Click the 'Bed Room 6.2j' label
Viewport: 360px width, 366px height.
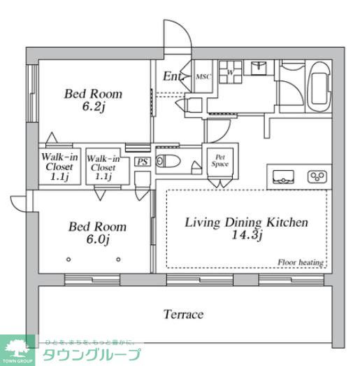[x=94, y=99]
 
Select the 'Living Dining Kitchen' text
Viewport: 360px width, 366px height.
[x=246, y=223]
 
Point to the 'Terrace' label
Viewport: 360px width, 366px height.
[x=183, y=314]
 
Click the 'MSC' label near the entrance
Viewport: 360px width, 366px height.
[x=203, y=78]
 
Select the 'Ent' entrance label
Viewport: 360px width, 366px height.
[x=173, y=77]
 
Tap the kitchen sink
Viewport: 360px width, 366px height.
[x=285, y=176]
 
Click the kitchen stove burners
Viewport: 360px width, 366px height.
[x=317, y=176]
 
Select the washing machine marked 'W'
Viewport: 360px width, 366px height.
[x=229, y=73]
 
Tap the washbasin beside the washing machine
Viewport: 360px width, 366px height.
[x=258, y=69]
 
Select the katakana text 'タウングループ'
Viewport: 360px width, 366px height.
[x=92, y=355]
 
